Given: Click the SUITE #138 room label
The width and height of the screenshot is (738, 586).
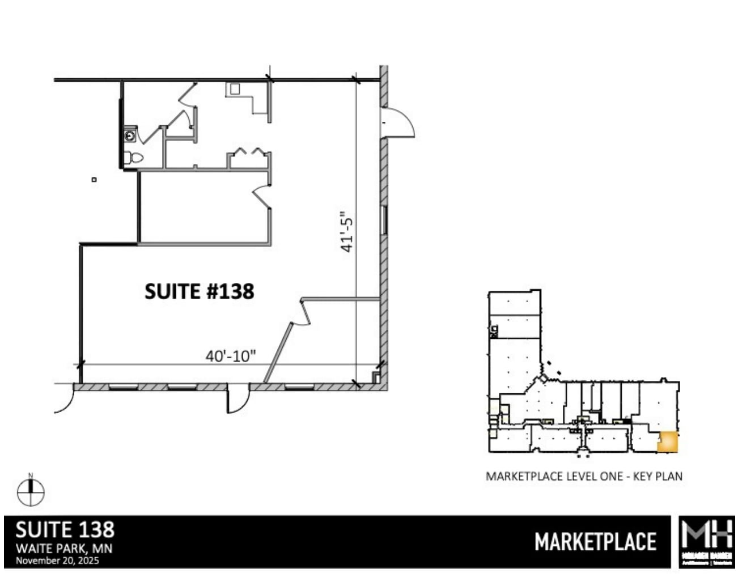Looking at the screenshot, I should coord(199,291).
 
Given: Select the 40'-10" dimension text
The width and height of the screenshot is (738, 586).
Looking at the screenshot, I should coord(231,356).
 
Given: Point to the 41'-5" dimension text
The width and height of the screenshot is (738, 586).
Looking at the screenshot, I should coord(347,232).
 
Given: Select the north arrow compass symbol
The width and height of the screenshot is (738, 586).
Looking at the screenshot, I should coord(31,492).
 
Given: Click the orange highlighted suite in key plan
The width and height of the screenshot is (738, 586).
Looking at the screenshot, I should coord(667,442).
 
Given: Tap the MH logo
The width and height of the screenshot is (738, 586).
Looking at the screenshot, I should coord(707,542).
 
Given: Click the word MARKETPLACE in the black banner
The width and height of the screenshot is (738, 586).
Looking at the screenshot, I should coord(595,542).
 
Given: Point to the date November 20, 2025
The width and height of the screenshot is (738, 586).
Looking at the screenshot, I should coord(57,560).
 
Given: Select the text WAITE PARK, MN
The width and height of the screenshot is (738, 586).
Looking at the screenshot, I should coord(64,549).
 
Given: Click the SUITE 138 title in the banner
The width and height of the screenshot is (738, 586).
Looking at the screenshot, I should coord(65,530).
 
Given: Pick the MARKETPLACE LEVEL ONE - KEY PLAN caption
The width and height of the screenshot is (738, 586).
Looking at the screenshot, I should coord(584,476).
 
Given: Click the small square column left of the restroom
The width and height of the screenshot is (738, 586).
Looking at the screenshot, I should coord(94,180).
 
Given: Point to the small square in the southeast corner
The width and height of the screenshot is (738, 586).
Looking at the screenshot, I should coord(376,376).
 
